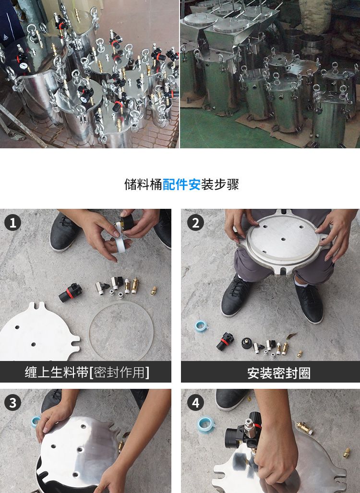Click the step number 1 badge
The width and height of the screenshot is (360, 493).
point(12,223)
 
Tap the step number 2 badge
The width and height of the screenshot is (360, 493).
point(195,223)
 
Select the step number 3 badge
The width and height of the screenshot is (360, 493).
point(12,403)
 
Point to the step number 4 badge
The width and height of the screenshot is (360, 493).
point(195,403)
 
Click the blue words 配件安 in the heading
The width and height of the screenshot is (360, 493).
point(181,184)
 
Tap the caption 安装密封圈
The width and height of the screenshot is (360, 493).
point(279,373)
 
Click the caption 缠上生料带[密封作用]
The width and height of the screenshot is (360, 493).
point(87,372)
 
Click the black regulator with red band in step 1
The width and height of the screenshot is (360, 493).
point(71,292)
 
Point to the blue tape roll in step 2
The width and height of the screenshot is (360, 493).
point(201,326)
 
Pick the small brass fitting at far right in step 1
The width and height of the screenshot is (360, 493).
point(154,290)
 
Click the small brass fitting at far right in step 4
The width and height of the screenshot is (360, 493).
point(347,453)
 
